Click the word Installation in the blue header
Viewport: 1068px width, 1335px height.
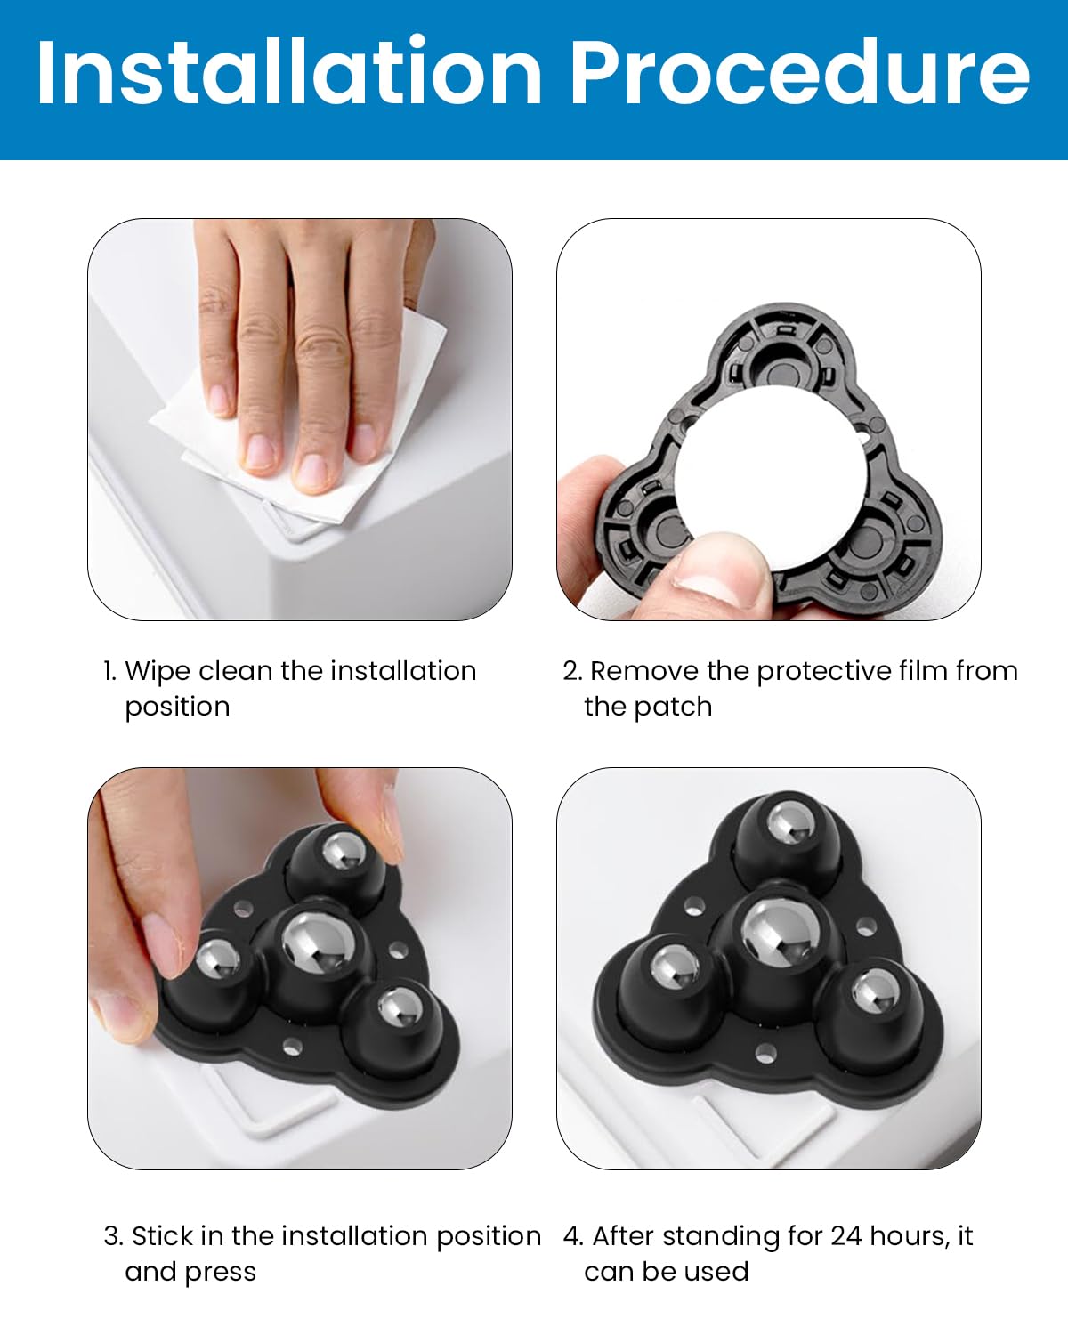coord(289,73)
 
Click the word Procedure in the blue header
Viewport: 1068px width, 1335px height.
coord(798,73)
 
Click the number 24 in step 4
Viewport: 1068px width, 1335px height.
coord(846,1236)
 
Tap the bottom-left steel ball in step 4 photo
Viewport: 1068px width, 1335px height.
coord(677,973)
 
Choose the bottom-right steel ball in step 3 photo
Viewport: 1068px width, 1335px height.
coord(400,1008)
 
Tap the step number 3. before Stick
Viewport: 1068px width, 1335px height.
coord(113,1236)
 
